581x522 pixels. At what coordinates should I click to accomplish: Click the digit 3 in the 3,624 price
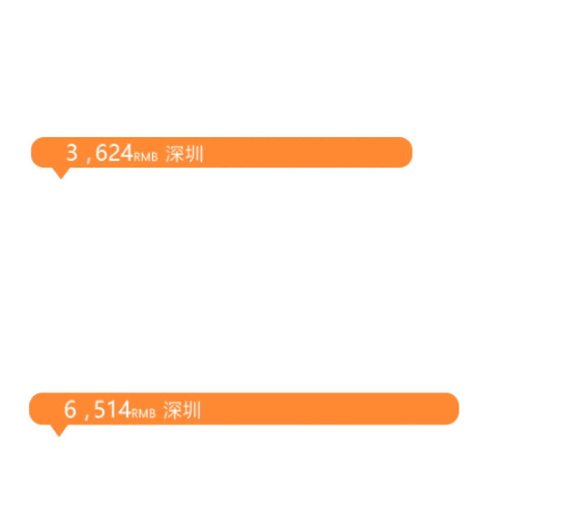(x=72, y=152)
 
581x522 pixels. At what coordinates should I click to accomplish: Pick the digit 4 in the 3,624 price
(x=127, y=152)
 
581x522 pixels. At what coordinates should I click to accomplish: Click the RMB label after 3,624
(x=146, y=157)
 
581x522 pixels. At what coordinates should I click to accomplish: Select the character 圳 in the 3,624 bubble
(x=194, y=154)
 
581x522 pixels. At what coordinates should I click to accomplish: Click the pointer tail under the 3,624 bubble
(x=61, y=173)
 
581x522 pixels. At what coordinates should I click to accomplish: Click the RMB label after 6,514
(x=144, y=414)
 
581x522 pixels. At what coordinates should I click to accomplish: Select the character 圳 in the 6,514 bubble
(x=191, y=410)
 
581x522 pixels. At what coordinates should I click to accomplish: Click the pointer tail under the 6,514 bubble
(x=59, y=431)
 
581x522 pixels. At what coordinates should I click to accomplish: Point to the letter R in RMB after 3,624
(x=137, y=157)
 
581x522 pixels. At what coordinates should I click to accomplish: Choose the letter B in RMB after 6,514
(x=152, y=414)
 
